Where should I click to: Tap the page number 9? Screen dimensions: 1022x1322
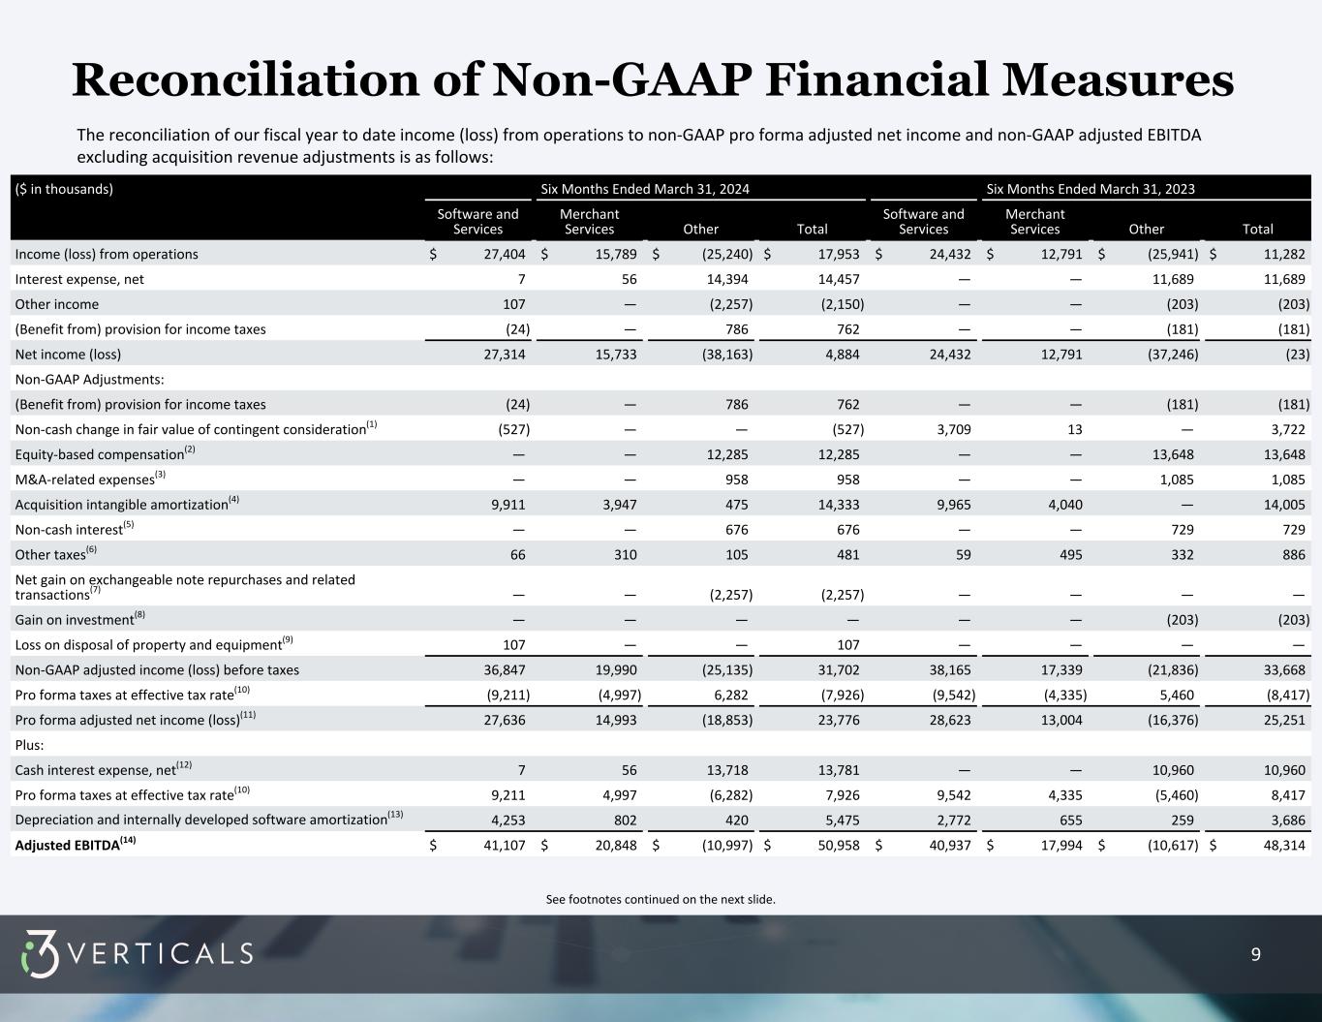click(x=1256, y=955)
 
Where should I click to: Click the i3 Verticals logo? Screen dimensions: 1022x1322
click(x=137, y=954)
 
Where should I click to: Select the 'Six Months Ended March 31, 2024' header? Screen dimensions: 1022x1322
click(x=644, y=189)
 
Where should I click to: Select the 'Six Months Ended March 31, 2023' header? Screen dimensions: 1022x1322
click(x=1090, y=189)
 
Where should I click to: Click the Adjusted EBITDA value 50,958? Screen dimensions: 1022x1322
click(x=838, y=845)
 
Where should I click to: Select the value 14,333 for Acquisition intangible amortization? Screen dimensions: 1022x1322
click(x=838, y=504)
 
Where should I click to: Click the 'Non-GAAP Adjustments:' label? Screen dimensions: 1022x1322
click(x=89, y=379)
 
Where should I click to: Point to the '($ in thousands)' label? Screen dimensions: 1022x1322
click(x=64, y=189)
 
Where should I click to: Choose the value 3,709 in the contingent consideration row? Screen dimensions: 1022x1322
click(x=949, y=429)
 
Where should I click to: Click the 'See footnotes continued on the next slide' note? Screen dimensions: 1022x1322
click(x=661, y=899)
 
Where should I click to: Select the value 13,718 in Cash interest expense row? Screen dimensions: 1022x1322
click(x=726, y=770)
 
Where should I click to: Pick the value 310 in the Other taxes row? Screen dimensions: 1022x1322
click(x=622, y=555)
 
